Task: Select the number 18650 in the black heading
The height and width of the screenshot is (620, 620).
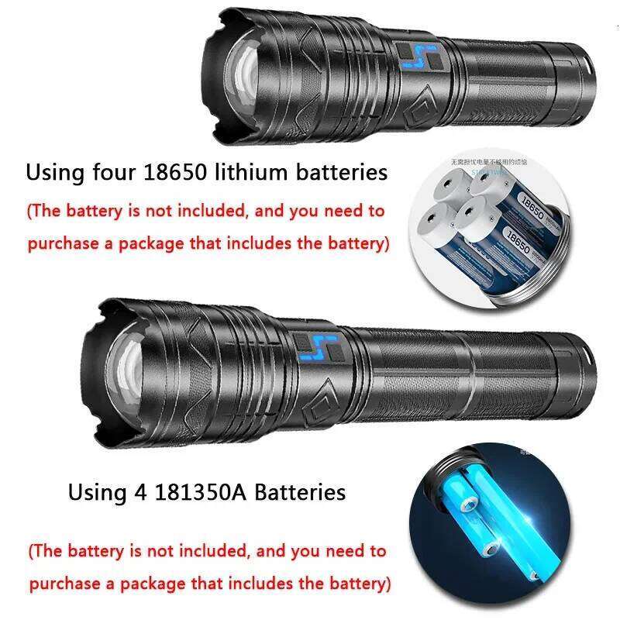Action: pos(174,171)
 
